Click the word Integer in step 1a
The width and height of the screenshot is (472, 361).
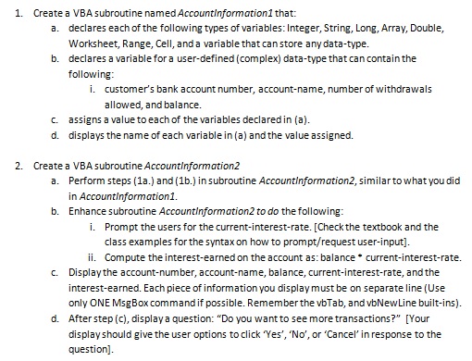(x=302, y=28)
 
